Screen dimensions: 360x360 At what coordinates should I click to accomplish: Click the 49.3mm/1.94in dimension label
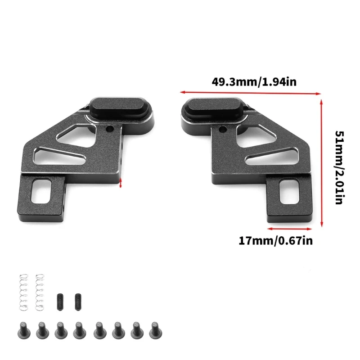[x=254, y=82]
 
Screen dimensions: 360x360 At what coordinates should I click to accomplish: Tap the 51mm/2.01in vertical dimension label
[x=340, y=167]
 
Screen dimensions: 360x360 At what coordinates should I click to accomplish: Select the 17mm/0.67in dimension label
[x=275, y=241]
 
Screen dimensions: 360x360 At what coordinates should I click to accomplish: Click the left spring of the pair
[x=24, y=292]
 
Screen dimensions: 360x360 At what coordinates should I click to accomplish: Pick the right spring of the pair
[x=40, y=292]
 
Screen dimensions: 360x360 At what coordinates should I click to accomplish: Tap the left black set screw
[x=60, y=302]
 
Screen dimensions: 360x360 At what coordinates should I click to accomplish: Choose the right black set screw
[x=78, y=302]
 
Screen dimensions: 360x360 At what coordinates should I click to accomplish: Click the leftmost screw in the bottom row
[x=24, y=330]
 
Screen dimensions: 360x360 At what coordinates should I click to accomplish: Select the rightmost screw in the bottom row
[x=155, y=330]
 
